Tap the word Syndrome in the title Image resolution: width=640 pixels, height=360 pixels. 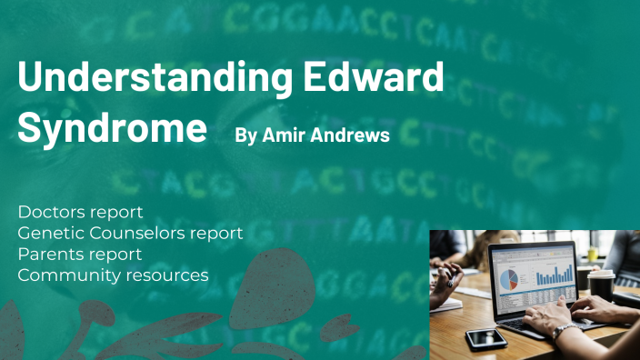coord(112,128)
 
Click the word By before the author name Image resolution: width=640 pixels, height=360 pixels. coord(245,135)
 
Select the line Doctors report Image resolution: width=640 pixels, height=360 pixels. coord(80,212)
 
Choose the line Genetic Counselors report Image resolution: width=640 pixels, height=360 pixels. coord(130,233)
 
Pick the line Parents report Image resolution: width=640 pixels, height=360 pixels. coord(79,254)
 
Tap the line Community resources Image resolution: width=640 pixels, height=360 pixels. coord(113,275)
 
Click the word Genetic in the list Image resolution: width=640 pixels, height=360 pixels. coord(45,233)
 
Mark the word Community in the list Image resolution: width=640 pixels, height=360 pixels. coord(62,275)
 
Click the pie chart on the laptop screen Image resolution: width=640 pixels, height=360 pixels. coord(510,275)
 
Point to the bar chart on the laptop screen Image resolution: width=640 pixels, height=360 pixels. coord(554,272)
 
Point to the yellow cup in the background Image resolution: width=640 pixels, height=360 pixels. coord(594,257)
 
